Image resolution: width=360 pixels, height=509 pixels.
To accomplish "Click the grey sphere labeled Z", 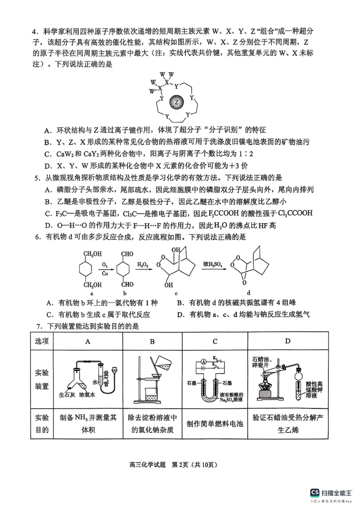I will [176, 102].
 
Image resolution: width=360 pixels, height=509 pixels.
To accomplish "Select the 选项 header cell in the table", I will [42, 341].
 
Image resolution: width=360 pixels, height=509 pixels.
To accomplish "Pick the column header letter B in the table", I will [152, 341].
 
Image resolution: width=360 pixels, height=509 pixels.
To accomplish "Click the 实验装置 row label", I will [42, 380].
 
